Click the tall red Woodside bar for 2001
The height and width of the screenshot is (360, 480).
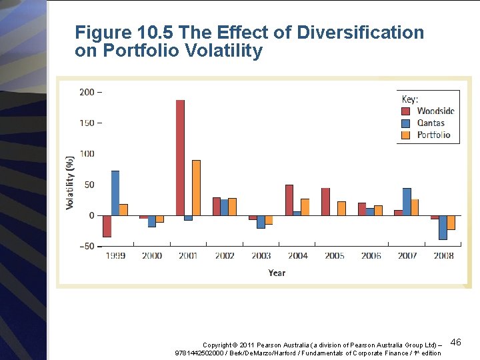tap(180, 157)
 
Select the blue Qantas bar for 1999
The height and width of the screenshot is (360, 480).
tap(115, 193)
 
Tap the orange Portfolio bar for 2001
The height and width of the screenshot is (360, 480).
tap(196, 187)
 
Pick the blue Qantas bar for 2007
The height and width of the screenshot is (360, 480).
tap(407, 202)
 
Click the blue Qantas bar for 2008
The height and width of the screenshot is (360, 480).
tap(443, 227)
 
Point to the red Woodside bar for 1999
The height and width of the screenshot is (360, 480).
tap(107, 226)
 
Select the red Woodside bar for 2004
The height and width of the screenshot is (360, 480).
tap(289, 200)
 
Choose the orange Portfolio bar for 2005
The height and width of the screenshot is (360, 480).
tap(341, 208)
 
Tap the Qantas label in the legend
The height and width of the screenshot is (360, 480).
tap(431, 123)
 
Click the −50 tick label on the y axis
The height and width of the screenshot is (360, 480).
tap(87, 247)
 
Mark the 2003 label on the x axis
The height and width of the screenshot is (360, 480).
tap(261, 256)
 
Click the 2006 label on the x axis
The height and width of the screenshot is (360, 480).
tap(371, 256)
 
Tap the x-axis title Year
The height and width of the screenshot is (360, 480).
tap(277, 273)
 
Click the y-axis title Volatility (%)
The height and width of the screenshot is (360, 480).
tap(70, 183)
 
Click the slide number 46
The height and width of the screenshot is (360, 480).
tap(456, 342)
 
